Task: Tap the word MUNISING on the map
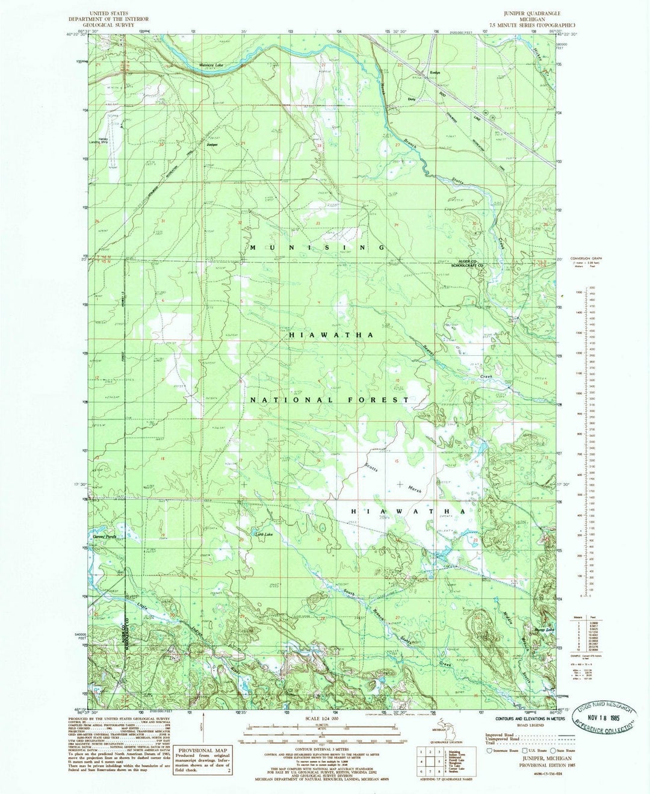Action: pos(317,247)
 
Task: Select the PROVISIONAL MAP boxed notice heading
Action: pos(196,750)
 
